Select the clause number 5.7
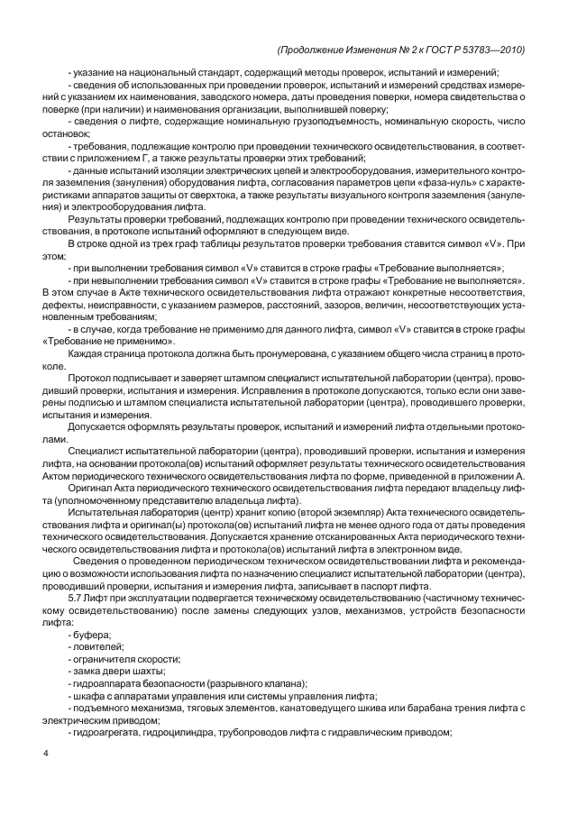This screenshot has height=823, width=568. pos(77,599)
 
